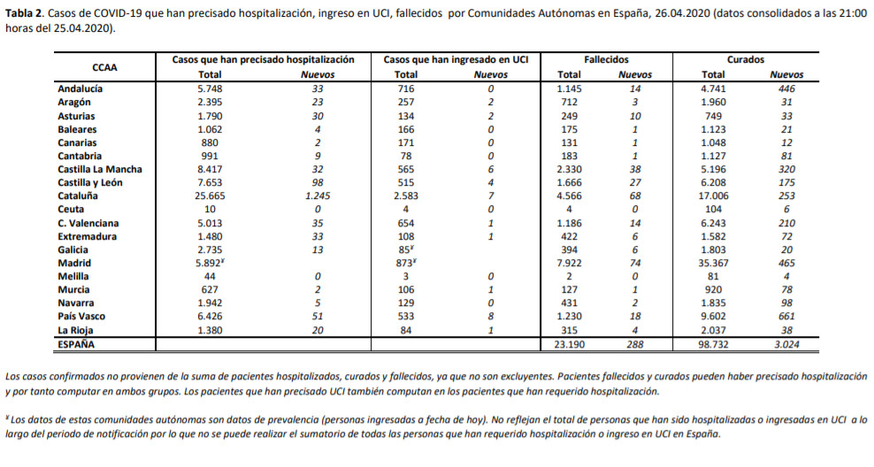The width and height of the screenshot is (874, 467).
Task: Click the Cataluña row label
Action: (78, 196)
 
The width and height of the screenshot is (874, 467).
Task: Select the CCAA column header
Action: (104, 67)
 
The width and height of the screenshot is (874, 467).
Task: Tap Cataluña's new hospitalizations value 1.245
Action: (318, 196)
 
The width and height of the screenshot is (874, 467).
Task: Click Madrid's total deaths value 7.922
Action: (569, 263)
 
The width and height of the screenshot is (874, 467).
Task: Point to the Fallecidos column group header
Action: (607, 59)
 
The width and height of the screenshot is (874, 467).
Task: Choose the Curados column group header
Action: (746, 59)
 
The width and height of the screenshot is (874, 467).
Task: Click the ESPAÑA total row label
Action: (76, 344)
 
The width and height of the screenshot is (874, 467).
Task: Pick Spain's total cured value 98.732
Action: (714, 344)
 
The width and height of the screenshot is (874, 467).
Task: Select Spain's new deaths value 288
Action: (635, 344)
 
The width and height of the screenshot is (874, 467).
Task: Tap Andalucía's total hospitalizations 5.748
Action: (210, 88)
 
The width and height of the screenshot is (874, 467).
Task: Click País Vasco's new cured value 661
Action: (786, 317)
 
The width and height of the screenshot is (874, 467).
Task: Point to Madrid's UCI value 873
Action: (403, 263)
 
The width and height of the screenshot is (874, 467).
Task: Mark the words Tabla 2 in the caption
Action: (23, 13)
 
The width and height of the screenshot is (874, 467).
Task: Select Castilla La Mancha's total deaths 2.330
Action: (569, 170)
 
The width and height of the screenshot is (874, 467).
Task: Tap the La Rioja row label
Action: (75, 331)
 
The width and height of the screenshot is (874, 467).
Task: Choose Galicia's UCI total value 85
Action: (404, 249)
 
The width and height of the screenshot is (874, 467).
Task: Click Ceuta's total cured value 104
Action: (714, 210)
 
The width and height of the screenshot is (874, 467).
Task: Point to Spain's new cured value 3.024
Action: (786, 344)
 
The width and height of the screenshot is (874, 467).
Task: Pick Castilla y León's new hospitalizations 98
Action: (318, 183)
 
